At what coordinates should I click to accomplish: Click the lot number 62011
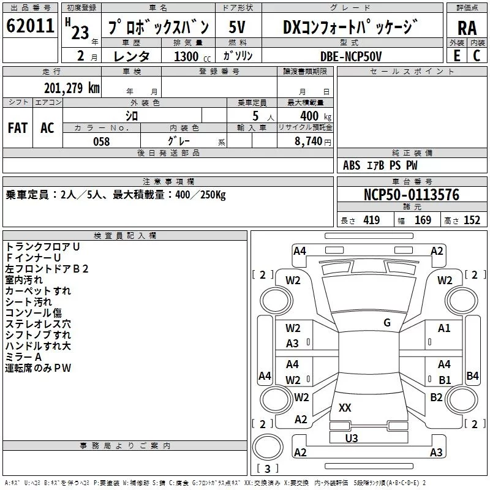[x=30, y=26]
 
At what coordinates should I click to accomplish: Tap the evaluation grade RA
[x=467, y=28]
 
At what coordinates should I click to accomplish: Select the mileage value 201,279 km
[x=72, y=88]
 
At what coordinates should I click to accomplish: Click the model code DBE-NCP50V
[x=350, y=56]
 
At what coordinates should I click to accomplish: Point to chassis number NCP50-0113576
[x=411, y=195]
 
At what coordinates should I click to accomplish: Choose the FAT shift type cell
[x=18, y=128]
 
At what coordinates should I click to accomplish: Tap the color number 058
[x=102, y=141]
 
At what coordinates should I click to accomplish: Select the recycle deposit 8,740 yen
[x=313, y=141]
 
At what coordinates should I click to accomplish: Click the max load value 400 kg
[x=315, y=116]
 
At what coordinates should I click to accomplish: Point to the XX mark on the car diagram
[x=345, y=407]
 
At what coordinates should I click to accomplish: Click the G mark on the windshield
[x=387, y=322]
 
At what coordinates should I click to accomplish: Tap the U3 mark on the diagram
[x=352, y=438]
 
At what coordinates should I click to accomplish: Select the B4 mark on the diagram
[x=472, y=375]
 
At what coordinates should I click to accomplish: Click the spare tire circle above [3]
[x=268, y=447]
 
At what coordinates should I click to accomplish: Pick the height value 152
[x=472, y=220]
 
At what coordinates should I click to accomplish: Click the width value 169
[x=423, y=220]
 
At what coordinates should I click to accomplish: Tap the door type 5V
[x=237, y=27]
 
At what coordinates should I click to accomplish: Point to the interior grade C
[x=477, y=56]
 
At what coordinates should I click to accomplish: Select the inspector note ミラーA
[x=23, y=357]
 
